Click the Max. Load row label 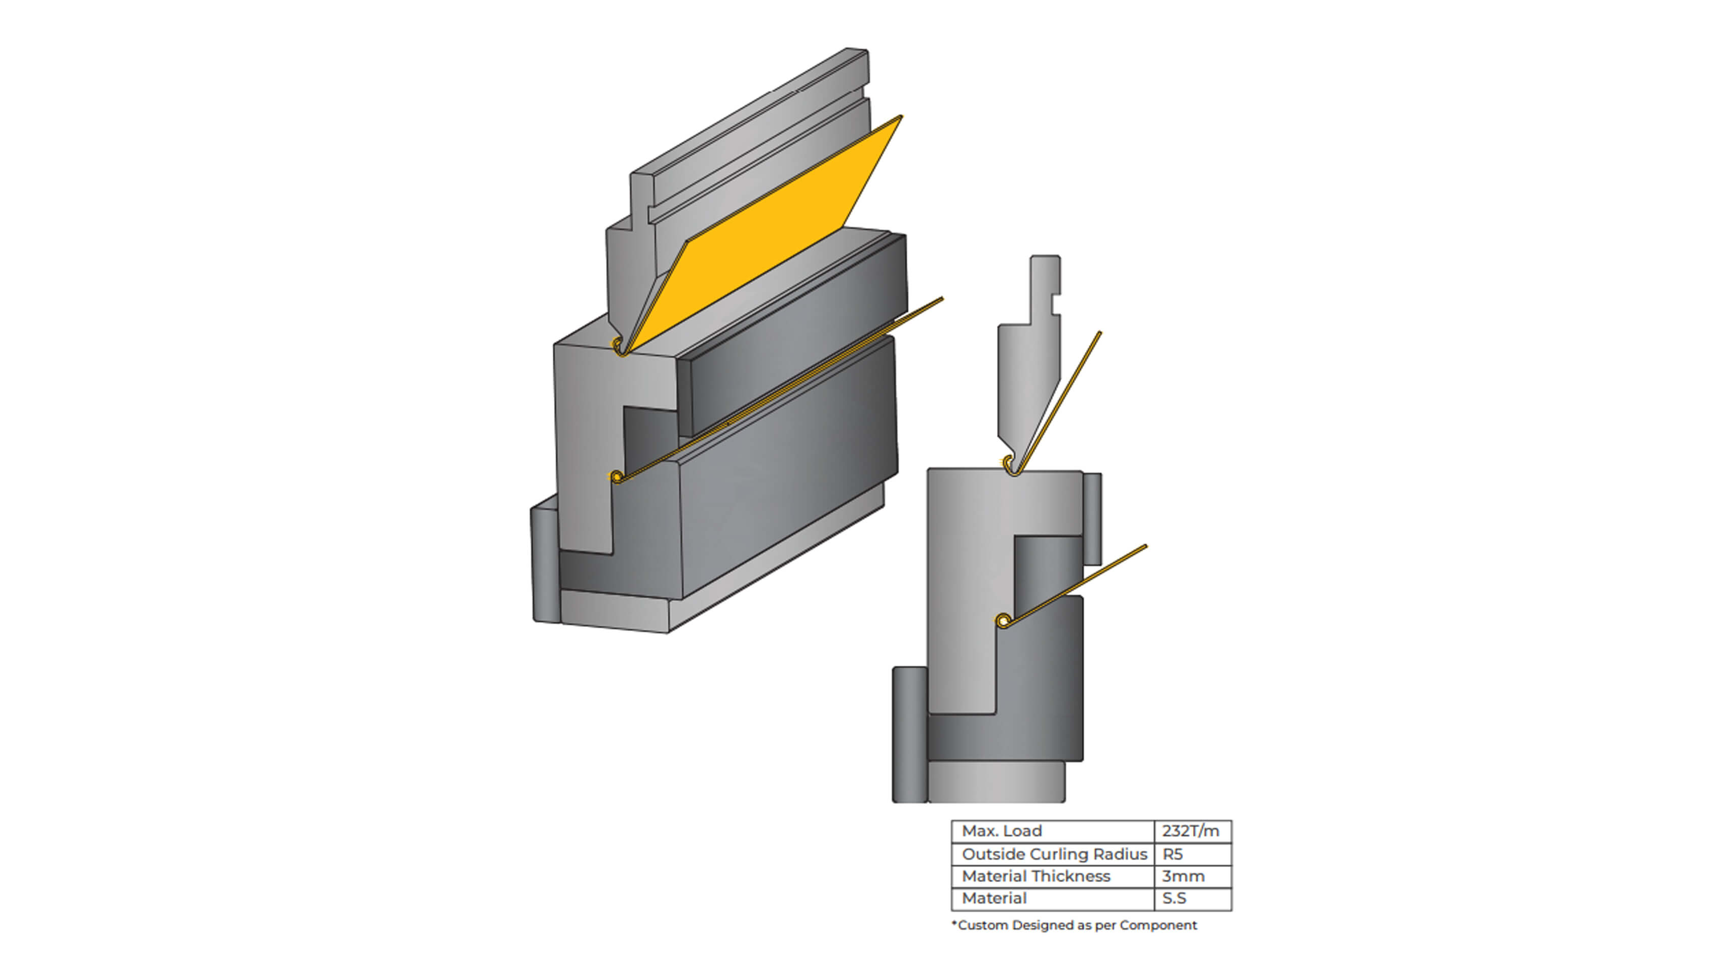[x=1002, y=831]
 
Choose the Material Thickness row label [x=1036, y=876]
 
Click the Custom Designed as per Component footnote [x=1074, y=925]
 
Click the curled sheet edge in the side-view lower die [x=1003, y=621]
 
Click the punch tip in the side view [x=1014, y=471]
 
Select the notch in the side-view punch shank [x=1056, y=305]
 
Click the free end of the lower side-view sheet [x=1146, y=546]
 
